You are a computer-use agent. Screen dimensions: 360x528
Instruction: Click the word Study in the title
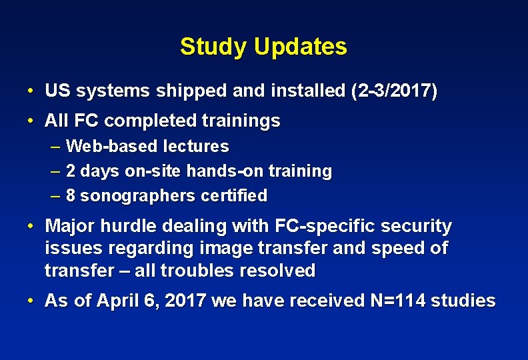(x=207, y=47)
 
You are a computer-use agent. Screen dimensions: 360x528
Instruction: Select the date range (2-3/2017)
(x=394, y=91)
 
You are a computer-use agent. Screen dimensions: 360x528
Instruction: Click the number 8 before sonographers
(x=71, y=196)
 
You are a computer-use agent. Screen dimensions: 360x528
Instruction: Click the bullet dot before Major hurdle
(x=31, y=227)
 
